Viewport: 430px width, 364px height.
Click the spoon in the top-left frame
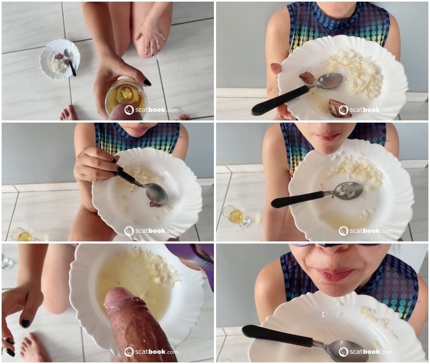(70, 61)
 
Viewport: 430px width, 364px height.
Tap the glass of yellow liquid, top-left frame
(126, 98)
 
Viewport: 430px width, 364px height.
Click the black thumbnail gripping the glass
(147, 82)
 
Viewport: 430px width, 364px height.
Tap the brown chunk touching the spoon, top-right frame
(307, 77)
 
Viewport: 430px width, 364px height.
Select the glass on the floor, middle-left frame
(21, 235)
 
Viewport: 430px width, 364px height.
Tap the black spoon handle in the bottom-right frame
(277, 336)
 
